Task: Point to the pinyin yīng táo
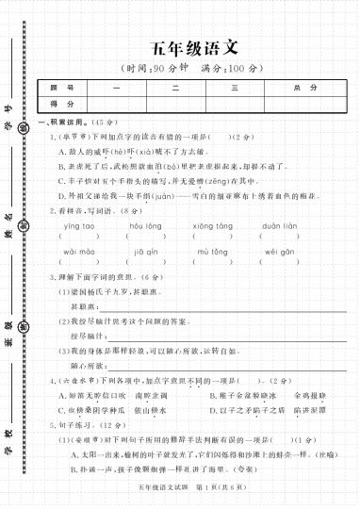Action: coord(79,226)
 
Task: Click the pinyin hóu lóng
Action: coord(146,226)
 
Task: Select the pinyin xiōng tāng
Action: coord(213,226)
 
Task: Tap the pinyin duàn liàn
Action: coord(280,226)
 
